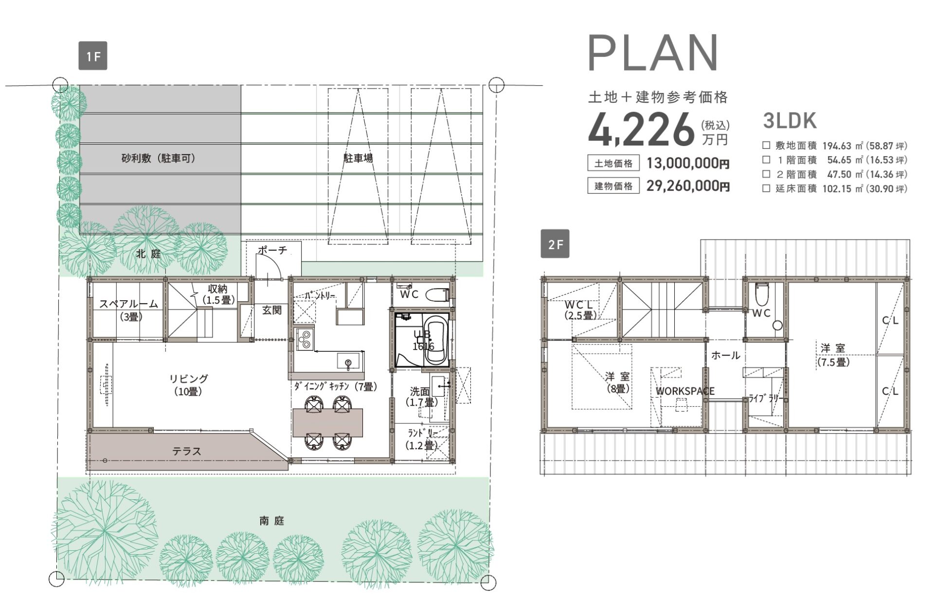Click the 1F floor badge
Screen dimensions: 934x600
(93, 56)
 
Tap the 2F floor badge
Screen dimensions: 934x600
(555, 244)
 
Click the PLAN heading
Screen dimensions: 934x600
(653, 53)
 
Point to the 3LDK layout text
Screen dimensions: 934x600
(790, 121)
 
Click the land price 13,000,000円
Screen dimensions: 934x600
(688, 164)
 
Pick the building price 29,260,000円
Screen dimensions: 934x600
(688, 186)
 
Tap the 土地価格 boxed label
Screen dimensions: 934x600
(613, 164)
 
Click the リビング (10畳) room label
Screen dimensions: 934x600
(189, 385)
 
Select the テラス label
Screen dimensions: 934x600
(187, 452)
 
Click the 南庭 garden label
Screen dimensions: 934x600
(271, 521)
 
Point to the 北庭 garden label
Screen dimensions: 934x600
(148, 254)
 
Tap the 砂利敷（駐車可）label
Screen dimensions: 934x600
(159, 158)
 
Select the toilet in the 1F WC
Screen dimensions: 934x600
(437, 294)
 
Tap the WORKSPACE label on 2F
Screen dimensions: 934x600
(685, 391)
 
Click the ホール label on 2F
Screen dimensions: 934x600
(726, 355)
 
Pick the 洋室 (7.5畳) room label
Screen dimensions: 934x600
(833, 355)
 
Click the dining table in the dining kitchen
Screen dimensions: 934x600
(328, 422)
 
